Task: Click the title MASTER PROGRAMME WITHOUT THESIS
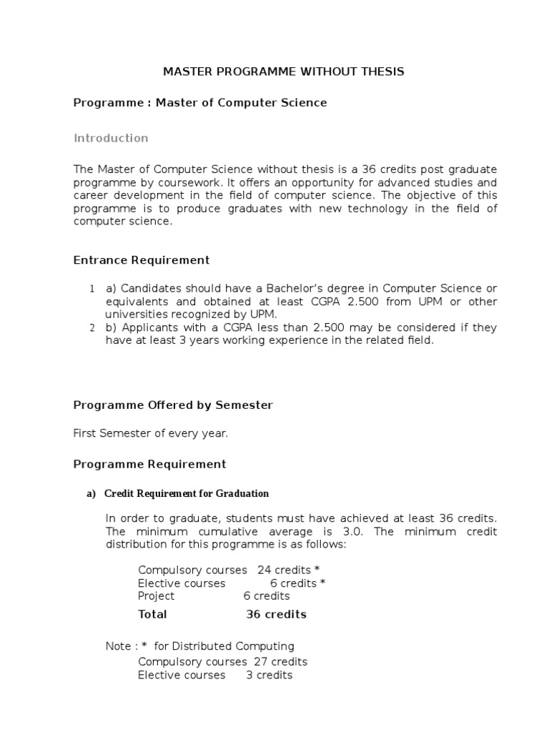(284, 71)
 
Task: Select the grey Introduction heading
(111, 138)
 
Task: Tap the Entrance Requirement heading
(142, 260)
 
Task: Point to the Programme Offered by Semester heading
(173, 405)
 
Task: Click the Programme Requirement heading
(149, 464)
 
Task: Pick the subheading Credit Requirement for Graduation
(187, 493)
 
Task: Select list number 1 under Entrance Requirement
(92, 289)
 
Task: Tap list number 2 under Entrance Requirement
(92, 328)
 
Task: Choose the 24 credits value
(284, 570)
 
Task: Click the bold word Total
(152, 614)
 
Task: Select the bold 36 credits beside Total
(276, 614)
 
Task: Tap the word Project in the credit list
(156, 595)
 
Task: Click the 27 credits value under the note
(280, 661)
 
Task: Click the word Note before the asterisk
(118, 646)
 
